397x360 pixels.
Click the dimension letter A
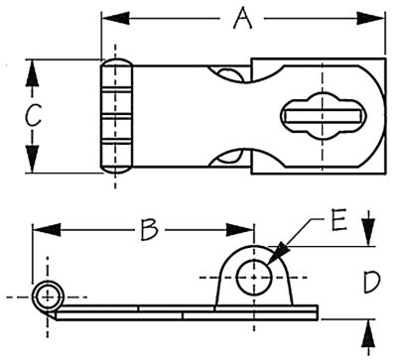(243, 19)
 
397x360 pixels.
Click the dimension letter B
(149, 229)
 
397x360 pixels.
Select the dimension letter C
(34, 115)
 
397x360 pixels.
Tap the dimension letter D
(372, 282)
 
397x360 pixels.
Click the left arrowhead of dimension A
(115, 18)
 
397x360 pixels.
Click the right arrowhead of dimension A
(370, 18)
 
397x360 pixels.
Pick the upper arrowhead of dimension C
(32, 73)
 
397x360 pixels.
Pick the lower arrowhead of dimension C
(32, 159)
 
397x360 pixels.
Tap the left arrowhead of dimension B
(47, 229)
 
